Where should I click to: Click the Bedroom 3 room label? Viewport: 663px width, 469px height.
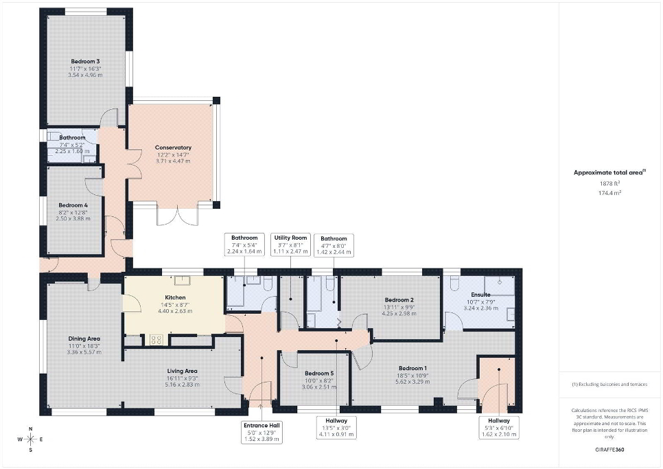tap(85, 61)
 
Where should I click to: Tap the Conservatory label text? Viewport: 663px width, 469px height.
tap(174, 148)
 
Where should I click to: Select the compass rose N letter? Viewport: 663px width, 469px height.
tap(30, 428)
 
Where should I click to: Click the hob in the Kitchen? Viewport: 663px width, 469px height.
tap(156, 340)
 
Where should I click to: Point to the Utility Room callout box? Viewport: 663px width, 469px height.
tap(290, 244)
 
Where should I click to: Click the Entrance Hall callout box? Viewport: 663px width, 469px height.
tap(261, 432)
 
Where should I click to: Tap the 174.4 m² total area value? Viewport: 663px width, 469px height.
tap(609, 193)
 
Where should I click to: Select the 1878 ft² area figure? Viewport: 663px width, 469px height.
tap(609, 183)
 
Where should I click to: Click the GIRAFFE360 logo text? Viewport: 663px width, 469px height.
tap(609, 450)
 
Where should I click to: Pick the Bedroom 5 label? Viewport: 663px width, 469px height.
tap(319, 374)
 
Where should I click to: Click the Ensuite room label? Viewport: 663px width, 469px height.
tap(480, 295)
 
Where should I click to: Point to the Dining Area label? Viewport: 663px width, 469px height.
tap(84, 339)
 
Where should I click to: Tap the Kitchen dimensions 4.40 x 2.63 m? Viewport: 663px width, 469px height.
tap(175, 311)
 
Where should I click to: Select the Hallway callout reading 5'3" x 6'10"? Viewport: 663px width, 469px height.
tap(499, 428)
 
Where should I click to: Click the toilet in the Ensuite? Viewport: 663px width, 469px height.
tap(454, 284)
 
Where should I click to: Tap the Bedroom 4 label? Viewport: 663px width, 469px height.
tap(73, 205)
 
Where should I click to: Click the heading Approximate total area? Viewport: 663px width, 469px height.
tap(609, 172)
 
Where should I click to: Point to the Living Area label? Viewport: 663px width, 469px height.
tap(182, 371)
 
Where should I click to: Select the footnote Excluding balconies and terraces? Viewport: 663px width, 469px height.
tap(609, 385)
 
